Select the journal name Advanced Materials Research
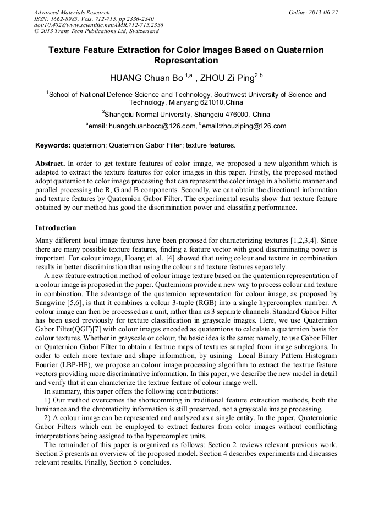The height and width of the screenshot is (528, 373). (x=72, y=12)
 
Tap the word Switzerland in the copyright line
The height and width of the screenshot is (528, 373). (x=139, y=31)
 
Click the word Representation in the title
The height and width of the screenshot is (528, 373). (x=186, y=61)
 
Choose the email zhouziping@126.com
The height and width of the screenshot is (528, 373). (x=248, y=127)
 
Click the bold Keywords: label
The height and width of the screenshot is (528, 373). (x=53, y=146)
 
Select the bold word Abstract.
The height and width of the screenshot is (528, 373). (x=50, y=164)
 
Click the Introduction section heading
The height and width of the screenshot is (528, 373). (x=56, y=228)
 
